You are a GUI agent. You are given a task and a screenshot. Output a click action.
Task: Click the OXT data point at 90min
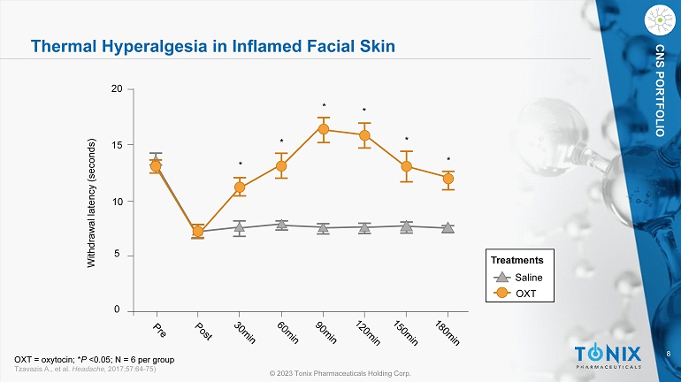(x=323, y=129)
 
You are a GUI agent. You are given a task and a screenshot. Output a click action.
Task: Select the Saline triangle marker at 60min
(x=281, y=224)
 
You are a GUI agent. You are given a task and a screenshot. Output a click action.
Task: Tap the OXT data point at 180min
(x=448, y=179)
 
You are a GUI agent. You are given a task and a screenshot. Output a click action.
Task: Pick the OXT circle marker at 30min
(x=239, y=187)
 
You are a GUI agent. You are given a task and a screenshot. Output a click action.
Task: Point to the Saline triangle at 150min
(x=406, y=226)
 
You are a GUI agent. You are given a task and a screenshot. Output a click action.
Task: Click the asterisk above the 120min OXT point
(x=364, y=111)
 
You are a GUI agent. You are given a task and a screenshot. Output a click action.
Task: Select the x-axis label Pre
(x=158, y=331)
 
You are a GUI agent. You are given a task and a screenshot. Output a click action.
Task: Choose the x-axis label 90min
(x=326, y=333)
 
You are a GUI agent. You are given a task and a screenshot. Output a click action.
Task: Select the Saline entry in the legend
(x=528, y=278)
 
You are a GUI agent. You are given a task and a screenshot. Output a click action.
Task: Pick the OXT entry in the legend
(x=525, y=292)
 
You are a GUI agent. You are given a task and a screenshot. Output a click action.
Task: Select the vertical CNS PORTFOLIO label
(x=660, y=88)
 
